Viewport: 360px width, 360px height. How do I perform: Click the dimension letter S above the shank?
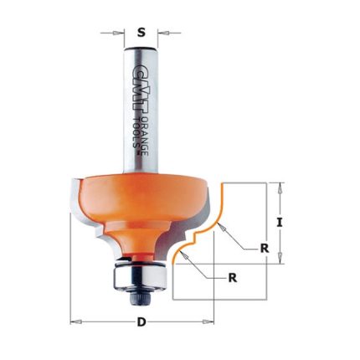(x=141, y=33)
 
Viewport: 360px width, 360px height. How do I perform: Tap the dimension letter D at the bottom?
(x=141, y=322)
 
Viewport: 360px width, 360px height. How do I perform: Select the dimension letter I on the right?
(x=280, y=223)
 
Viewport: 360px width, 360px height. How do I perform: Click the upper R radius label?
(x=265, y=248)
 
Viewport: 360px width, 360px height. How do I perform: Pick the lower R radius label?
(x=233, y=278)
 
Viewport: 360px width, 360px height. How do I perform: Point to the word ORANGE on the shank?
(x=146, y=136)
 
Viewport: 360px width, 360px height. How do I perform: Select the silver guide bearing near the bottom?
(x=138, y=276)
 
